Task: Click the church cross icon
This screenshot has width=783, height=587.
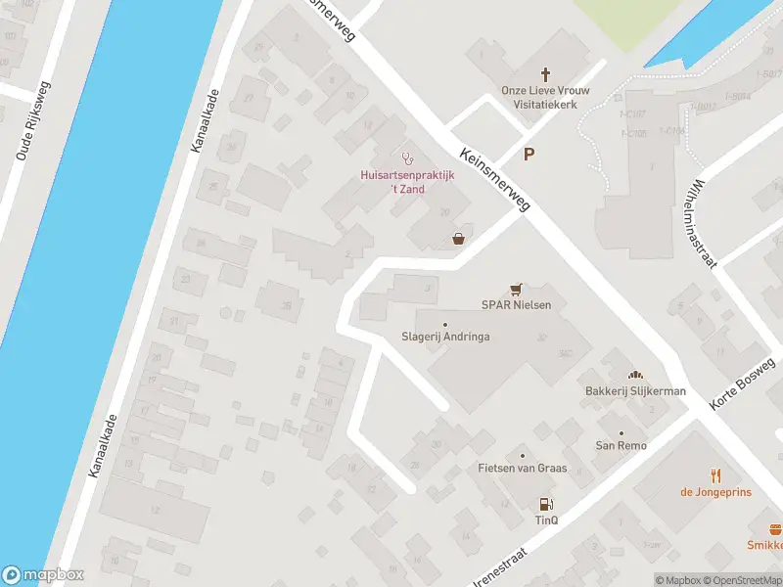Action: [x=546, y=74]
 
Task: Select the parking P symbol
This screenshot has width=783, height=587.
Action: [x=530, y=154]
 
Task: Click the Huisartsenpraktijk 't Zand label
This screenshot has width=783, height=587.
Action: [x=402, y=182]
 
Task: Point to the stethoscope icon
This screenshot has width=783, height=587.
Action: [x=407, y=158]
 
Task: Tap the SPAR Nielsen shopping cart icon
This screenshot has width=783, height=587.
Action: [x=516, y=289]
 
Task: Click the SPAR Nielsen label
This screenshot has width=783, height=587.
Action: [x=516, y=305]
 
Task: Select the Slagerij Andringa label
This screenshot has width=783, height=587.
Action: [x=445, y=337]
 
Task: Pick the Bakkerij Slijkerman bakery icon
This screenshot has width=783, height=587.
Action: [x=634, y=375]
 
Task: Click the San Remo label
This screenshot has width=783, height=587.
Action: [x=622, y=446]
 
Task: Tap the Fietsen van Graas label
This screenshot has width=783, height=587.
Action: [x=522, y=469]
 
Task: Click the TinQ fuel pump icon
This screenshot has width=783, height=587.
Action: [x=545, y=505]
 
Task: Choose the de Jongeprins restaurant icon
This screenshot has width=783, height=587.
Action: [x=715, y=475]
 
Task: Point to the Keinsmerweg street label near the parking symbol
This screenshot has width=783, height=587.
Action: [x=494, y=179]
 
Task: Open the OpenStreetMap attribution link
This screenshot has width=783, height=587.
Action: [x=747, y=580]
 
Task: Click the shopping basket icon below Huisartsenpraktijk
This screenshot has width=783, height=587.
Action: [x=458, y=238]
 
